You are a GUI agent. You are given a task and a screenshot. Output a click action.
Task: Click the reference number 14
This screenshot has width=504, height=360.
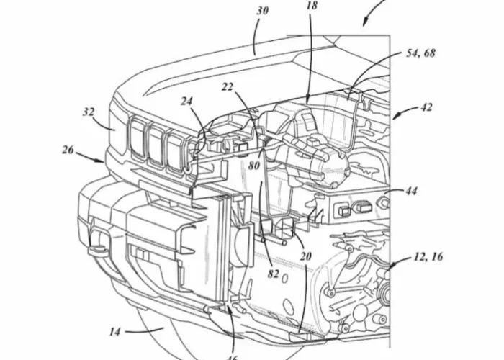coord(114,332)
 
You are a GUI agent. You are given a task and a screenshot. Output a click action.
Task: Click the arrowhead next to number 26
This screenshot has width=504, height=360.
coord(102,162)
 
